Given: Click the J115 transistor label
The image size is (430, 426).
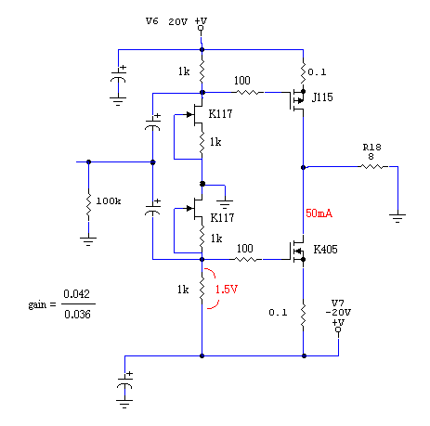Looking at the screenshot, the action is click(x=322, y=97).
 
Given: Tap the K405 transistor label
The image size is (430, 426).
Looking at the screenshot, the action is click(x=325, y=250).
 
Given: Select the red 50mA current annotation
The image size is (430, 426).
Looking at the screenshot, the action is click(x=319, y=213).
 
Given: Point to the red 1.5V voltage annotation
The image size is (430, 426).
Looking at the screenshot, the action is click(x=227, y=290).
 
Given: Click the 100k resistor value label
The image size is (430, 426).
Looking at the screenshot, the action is click(x=109, y=201).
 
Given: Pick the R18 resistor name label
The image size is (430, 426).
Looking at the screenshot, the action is click(x=371, y=148).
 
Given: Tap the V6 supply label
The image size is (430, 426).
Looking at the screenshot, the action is click(x=152, y=21).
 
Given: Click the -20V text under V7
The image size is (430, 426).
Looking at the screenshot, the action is click(x=338, y=313).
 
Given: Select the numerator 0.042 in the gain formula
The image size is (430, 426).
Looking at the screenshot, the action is click(x=76, y=293).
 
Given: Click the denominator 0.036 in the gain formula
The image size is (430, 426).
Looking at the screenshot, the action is click(x=77, y=315).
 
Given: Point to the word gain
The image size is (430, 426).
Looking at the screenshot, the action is click(x=37, y=304).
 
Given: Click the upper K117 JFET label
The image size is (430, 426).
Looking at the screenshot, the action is click(x=220, y=114).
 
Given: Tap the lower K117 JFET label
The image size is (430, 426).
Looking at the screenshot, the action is click(x=222, y=217).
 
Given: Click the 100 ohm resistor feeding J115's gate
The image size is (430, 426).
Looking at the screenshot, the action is click(x=248, y=92).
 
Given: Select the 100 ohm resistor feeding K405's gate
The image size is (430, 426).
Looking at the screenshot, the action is click(x=247, y=259).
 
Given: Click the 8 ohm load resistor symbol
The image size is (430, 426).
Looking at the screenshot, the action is click(x=373, y=167).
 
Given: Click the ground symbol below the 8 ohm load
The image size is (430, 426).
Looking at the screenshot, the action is click(x=397, y=218).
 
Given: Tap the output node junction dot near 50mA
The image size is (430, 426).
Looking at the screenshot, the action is click(x=304, y=167).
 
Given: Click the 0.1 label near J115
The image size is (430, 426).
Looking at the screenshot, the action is click(x=317, y=72).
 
